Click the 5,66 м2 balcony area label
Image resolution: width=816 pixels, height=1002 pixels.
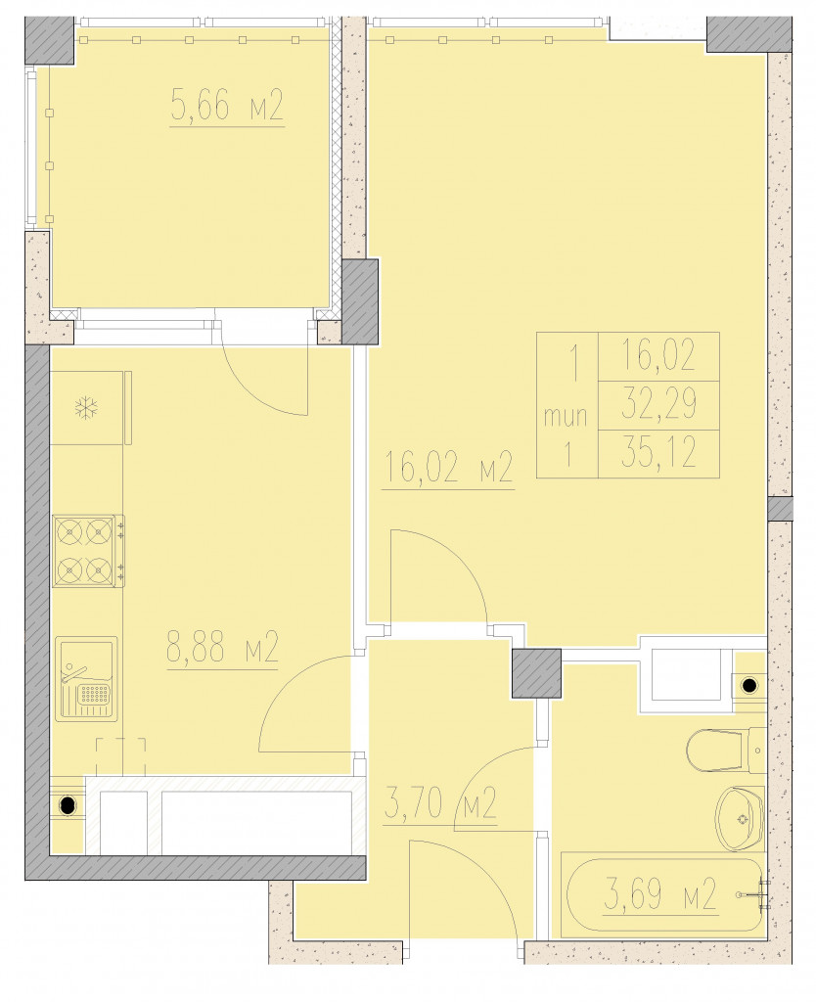[x=227, y=106]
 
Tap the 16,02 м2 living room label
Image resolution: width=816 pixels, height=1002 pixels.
[x=447, y=468]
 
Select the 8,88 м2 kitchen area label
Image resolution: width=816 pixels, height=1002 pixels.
[x=222, y=648]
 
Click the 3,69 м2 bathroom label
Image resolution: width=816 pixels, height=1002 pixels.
[x=659, y=893]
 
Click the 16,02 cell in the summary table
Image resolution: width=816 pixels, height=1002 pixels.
[x=658, y=355]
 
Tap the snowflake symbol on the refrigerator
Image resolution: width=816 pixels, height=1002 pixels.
[x=84, y=408]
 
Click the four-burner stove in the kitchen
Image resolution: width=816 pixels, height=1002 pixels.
[x=89, y=550]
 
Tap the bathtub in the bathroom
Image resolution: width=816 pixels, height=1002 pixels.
[x=662, y=894]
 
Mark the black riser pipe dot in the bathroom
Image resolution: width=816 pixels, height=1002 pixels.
[x=748, y=686]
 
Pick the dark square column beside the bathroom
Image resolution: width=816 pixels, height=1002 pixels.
[x=537, y=673]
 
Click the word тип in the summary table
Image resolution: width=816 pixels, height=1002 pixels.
[x=566, y=417]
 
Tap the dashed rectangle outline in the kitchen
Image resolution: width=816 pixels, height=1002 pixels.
[x=121, y=757]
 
